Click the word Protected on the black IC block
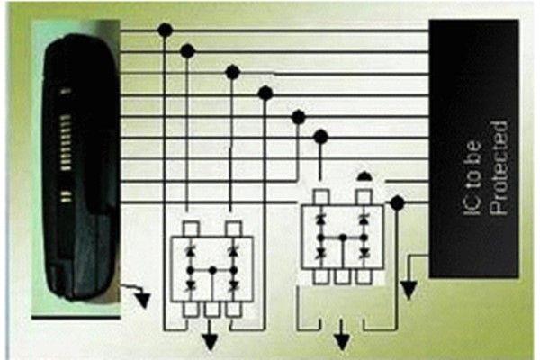[499, 168]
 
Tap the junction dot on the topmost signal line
[166, 31]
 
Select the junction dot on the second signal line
[188, 51]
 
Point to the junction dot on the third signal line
[233, 72]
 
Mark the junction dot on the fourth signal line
[265, 93]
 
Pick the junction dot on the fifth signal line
[299, 118]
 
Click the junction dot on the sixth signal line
[321, 137]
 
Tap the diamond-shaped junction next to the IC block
[398, 202]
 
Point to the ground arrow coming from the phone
[137, 294]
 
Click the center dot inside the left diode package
[213, 270]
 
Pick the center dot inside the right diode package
[343, 238]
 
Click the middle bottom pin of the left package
[211, 310]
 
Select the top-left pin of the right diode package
[321, 197]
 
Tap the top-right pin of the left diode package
[233, 229]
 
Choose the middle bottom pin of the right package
[342, 277]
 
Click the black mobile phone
[80, 167]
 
